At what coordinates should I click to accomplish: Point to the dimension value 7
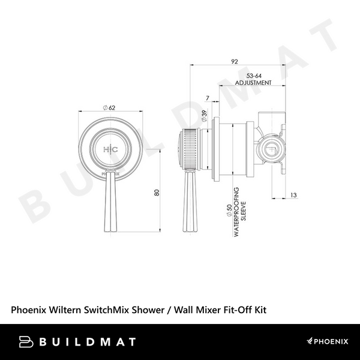[x=206, y=98]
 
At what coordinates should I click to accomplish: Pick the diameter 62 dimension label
[x=110, y=107]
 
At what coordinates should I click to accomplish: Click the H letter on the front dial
[x=106, y=149]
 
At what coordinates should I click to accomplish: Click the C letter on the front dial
[x=116, y=149]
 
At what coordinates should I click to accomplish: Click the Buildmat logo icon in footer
[x=25, y=341]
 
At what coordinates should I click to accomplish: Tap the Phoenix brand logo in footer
[x=327, y=341]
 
